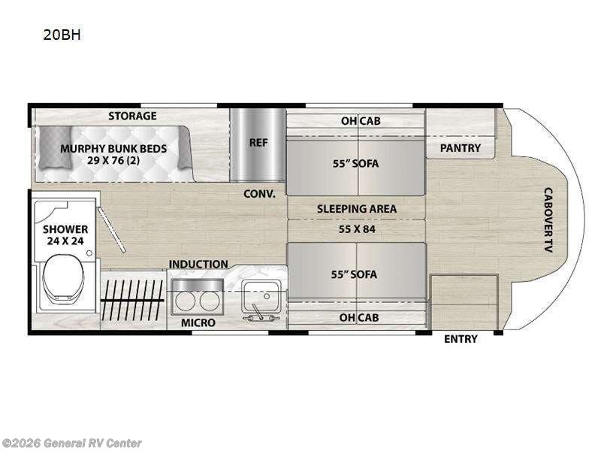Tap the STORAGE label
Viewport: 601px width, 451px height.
[x=132, y=116]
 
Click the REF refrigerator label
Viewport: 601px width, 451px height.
[x=258, y=141]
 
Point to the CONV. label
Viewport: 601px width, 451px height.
[x=259, y=193]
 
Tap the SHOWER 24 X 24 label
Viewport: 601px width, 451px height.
[x=65, y=235]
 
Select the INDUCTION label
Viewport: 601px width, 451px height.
[x=198, y=264]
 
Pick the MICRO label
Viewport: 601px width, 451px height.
[x=198, y=322]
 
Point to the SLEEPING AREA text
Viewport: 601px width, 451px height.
[x=356, y=209]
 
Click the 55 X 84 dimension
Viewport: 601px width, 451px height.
[x=356, y=229]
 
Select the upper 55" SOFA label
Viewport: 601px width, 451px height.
[x=356, y=162]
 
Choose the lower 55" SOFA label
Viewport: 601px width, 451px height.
[x=356, y=274]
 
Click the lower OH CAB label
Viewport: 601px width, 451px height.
[x=358, y=317]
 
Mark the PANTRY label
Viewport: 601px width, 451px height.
[x=460, y=148]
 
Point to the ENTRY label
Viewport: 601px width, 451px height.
[x=461, y=339]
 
